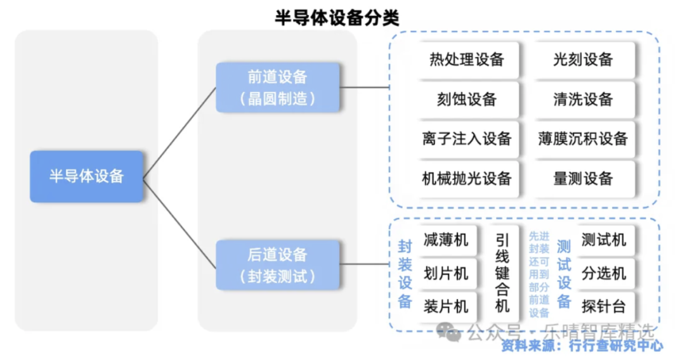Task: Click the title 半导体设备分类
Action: tap(337, 18)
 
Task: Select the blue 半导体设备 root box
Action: tap(86, 176)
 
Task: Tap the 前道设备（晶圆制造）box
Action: tap(277, 87)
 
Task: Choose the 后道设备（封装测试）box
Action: tap(277, 264)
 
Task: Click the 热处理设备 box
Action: tap(467, 60)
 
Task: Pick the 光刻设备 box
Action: tap(584, 60)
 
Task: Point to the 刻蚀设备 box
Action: tap(467, 100)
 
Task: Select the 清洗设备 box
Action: tap(584, 100)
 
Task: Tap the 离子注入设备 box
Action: tap(467, 139)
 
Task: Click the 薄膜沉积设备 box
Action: tap(584, 139)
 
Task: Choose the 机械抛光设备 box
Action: tap(467, 179)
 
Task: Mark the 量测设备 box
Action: tap(584, 179)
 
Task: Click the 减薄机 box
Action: tap(446, 240)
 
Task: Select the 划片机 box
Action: tap(446, 274)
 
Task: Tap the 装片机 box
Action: tap(446, 307)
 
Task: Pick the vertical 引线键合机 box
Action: tap(502, 273)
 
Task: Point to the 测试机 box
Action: tap(604, 240)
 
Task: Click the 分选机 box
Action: tap(604, 274)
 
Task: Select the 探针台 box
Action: tap(604, 307)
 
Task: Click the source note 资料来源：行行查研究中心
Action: tap(582, 345)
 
